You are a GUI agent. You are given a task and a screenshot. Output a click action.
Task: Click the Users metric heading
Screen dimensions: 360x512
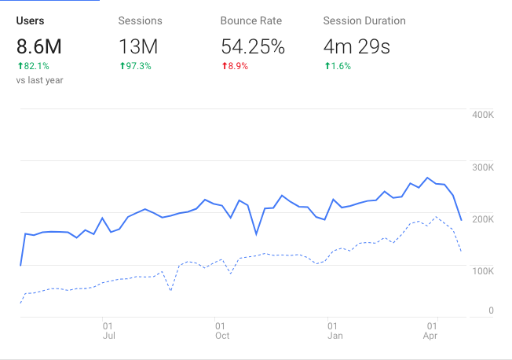point(30,20)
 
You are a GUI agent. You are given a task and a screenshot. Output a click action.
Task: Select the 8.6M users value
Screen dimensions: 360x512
point(38,46)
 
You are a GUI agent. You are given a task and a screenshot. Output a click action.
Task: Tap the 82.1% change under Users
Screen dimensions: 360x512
point(33,66)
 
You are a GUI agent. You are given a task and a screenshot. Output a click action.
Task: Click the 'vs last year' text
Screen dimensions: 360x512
point(39,79)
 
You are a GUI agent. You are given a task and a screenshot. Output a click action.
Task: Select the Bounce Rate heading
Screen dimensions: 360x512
point(251,20)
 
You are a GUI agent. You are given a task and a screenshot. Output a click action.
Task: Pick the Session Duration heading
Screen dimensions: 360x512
point(364,20)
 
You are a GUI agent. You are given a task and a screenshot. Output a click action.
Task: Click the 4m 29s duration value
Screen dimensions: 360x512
point(357,46)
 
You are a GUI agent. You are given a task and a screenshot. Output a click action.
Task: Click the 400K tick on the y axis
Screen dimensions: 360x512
point(482,115)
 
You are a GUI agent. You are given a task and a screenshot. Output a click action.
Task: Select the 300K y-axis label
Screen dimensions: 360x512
point(482,167)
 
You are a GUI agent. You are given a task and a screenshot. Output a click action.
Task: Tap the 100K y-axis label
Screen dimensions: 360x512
point(482,270)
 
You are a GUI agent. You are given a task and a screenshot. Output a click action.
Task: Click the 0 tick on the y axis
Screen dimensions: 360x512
point(491,310)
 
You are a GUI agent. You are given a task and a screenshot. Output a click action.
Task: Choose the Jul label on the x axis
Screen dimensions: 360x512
point(108,336)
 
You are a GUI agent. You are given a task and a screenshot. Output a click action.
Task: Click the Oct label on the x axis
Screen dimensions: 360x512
point(222,336)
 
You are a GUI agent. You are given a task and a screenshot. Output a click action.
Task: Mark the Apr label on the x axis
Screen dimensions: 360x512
point(430,336)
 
